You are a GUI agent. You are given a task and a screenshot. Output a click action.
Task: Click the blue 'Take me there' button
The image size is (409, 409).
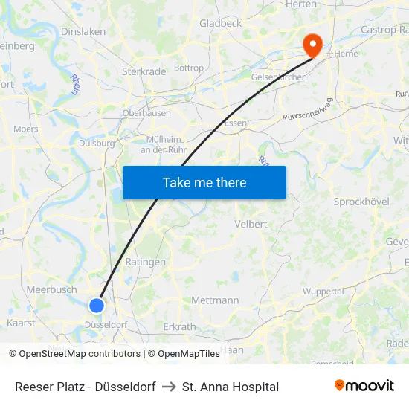point(204,182)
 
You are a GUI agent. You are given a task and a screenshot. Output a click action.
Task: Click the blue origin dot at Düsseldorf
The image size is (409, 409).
point(97,305)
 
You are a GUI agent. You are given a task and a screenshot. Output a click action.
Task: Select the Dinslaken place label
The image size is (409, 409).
point(83,32)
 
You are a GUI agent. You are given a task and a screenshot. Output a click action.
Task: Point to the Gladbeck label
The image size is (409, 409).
point(220,24)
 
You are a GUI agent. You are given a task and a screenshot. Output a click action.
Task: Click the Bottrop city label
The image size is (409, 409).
point(189,68)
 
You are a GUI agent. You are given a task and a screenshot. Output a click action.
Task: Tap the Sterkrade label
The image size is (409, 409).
point(144,72)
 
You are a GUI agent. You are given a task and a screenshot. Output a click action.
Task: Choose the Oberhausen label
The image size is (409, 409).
point(146,113)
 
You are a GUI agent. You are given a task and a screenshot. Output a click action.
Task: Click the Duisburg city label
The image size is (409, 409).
point(97,143)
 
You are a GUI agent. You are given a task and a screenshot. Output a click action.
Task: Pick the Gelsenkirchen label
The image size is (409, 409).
point(280,77)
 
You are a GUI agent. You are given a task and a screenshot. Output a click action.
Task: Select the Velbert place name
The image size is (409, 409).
point(251,224)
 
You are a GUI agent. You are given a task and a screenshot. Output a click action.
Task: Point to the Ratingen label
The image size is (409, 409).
point(146,262)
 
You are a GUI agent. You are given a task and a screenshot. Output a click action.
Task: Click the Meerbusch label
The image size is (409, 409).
point(51,289)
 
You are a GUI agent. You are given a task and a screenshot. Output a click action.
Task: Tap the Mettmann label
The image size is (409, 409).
point(215,300)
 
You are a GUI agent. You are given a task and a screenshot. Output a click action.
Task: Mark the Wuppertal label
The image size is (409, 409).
point(323,292)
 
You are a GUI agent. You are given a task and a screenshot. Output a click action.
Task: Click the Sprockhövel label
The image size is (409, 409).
point(361,202)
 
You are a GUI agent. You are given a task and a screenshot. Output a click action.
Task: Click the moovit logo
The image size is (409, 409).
point(364,386)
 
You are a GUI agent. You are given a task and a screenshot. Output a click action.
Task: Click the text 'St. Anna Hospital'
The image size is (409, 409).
point(231,387)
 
